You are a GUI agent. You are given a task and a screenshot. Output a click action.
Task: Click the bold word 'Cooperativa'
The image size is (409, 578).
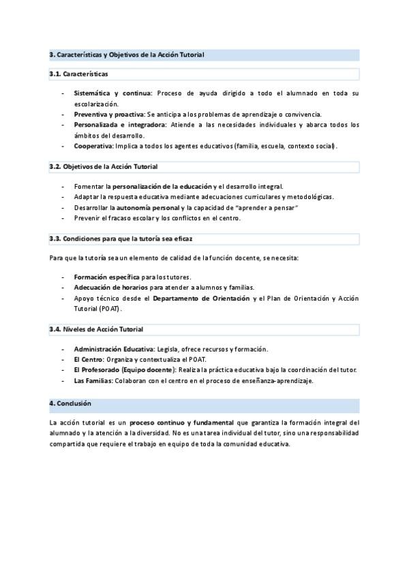(95, 146)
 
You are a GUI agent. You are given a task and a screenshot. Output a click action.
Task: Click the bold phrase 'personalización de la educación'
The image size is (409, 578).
(162, 186)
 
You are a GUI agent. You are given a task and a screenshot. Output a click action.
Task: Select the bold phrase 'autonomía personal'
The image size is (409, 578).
(148, 207)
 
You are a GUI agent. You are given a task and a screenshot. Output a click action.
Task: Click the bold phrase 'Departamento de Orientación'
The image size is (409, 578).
(201, 299)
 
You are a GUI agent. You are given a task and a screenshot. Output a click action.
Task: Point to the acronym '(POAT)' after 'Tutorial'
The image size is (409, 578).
(109, 309)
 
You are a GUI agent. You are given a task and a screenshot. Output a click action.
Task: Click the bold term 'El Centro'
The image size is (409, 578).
(89, 359)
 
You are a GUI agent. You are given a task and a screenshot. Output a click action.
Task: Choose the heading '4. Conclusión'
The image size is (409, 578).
(70, 404)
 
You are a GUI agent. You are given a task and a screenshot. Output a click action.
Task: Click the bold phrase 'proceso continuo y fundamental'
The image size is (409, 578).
(181, 423)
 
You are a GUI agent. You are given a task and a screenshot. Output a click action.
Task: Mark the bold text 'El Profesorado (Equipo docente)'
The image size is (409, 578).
(124, 370)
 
